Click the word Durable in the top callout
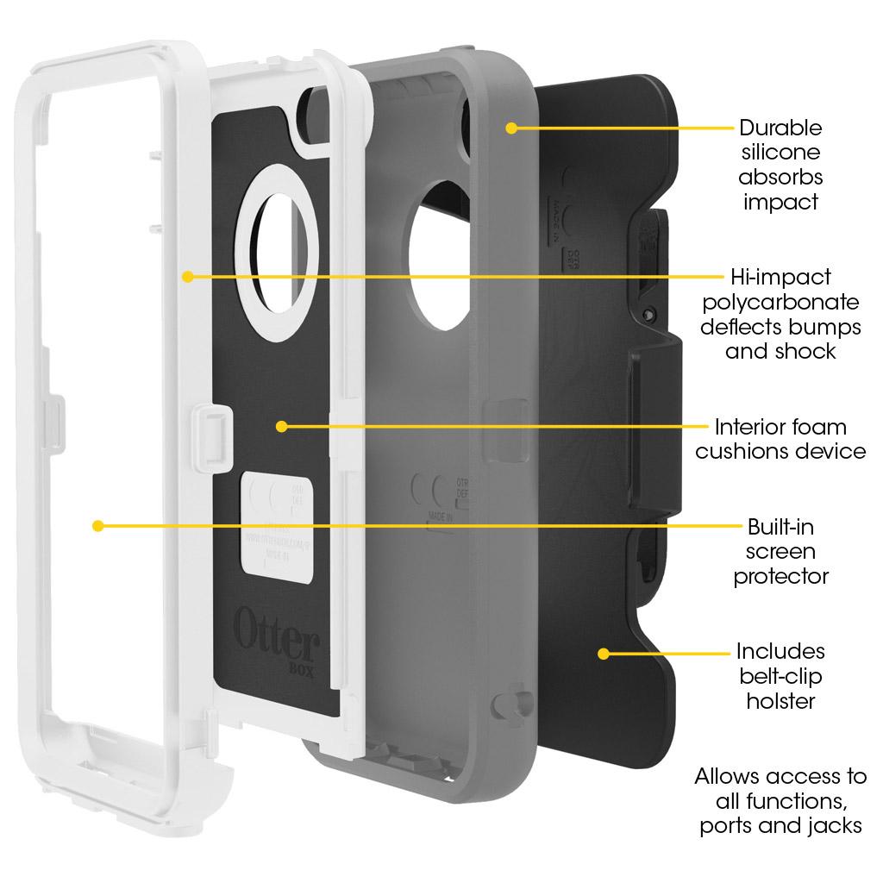(x=780, y=128)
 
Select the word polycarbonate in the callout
(x=780, y=302)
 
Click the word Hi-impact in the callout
(x=768, y=277)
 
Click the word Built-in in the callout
(x=780, y=527)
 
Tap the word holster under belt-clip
(x=780, y=701)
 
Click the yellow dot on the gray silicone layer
(x=511, y=128)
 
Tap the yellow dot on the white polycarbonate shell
(x=187, y=277)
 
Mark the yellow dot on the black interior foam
(x=280, y=426)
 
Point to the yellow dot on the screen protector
(x=97, y=525)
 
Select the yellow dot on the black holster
(x=603, y=654)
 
